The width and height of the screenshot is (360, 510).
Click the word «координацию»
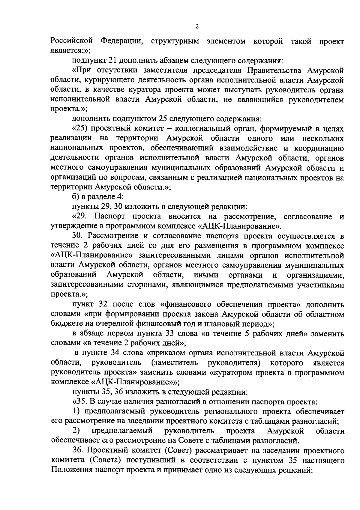pyautogui.click(x=319, y=148)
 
